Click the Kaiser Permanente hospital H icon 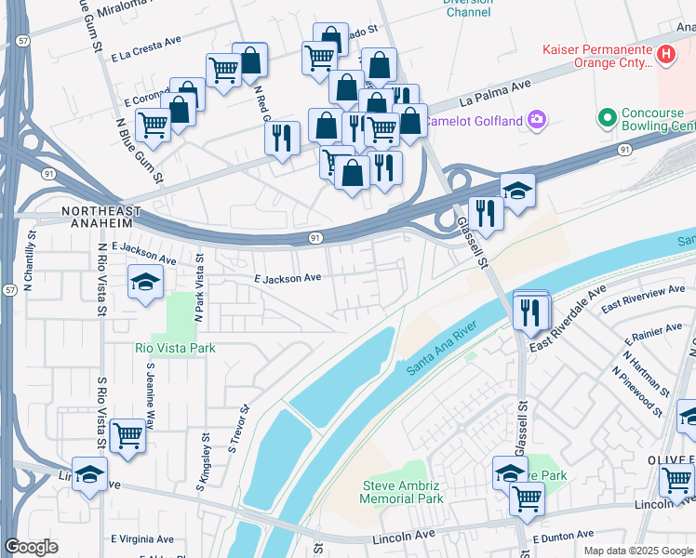665,55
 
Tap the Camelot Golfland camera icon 537,119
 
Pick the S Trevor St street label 240,428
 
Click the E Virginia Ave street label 142,538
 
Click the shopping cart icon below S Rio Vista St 127,435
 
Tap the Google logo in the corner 32,547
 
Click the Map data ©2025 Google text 637,551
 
